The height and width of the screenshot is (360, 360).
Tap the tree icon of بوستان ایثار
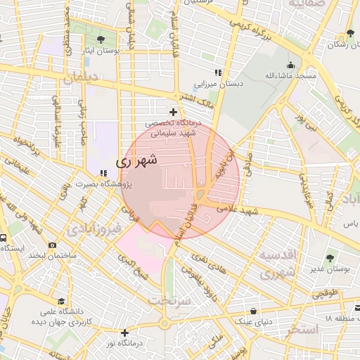click(103, 39)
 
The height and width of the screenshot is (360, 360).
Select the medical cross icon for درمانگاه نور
click(125, 333)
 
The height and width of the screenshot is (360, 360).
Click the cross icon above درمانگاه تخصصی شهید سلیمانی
click(174, 112)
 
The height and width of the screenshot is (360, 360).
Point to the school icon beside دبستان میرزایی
click(219, 72)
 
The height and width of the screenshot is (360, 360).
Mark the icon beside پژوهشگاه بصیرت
click(103, 173)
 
